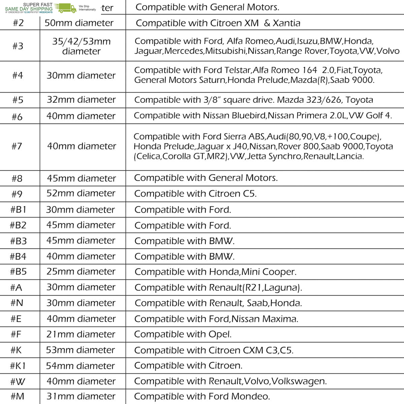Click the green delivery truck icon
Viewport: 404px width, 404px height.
(x=68, y=8)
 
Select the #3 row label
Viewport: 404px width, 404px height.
(x=18, y=46)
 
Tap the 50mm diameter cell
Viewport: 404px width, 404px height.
(x=81, y=23)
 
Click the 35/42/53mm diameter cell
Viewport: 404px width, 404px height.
(x=81, y=46)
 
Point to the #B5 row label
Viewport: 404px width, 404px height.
(x=18, y=271)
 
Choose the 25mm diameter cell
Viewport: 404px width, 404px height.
(x=81, y=271)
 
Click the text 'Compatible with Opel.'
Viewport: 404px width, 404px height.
(x=183, y=334)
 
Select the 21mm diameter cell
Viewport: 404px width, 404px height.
(x=81, y=334)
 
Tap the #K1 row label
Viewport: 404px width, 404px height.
(x=18, y=366)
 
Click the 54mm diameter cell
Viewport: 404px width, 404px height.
(x=81, y=366)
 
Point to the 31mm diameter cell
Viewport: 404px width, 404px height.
(x=81, y=396)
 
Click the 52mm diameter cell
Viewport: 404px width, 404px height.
(x=81, y=193)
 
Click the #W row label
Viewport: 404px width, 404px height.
(x=18, y=381)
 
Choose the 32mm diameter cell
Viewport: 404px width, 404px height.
(x=81, y=100)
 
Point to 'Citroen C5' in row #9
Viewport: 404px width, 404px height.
(x=232, y=194)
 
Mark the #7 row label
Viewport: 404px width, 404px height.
(x=17, y=146)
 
